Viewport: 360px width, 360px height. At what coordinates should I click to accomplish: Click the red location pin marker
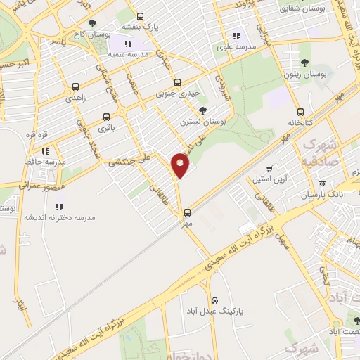pyautogui.click(x=181, y=165)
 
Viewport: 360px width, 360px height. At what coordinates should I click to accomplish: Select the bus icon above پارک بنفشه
pyautogui.click(x=140, y=16)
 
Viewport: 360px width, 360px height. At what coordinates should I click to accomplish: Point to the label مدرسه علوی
pyautogui.click(x=236, y=49)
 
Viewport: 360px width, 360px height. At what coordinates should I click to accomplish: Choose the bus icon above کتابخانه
pyautogui.click(x=301, y=112)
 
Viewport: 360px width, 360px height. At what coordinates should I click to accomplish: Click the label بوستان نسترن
pyautogui.click(x=202, y=122)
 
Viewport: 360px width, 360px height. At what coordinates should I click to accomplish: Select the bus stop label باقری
pyautogui.click(x=106, y=129)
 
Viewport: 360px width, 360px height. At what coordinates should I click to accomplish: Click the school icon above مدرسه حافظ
pyautogui.click(x=45, y=151)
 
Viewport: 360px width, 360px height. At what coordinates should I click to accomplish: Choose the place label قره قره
pyautogui.click(x=36, y=134)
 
